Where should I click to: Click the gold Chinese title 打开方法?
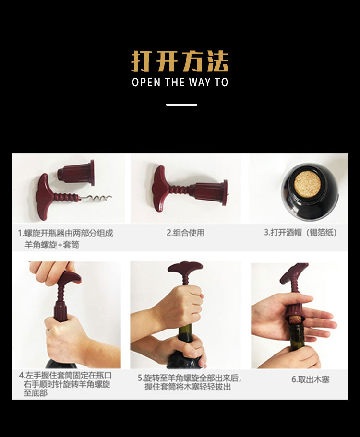180,61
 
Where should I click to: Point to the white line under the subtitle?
181,105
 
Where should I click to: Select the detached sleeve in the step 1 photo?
76,173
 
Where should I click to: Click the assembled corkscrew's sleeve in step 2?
211,192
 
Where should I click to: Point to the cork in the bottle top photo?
308,183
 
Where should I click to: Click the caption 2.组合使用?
185,233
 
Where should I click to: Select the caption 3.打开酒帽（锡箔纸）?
300,233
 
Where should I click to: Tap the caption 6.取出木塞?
311,379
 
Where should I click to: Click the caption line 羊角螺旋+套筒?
52,245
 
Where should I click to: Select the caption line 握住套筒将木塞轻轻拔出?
187,387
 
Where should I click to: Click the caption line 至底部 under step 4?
36,393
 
